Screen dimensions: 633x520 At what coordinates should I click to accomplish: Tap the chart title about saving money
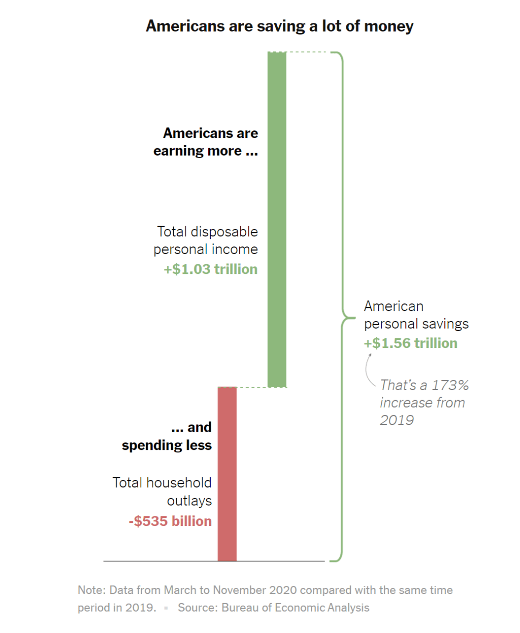point(279,26)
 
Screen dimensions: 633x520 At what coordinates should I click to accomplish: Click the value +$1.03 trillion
point(210,269)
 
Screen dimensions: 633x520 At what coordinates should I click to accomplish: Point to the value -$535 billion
point(170,521)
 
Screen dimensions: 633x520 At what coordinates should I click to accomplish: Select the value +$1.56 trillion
point(410,343)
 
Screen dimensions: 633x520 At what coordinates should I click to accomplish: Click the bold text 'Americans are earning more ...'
point(206,142)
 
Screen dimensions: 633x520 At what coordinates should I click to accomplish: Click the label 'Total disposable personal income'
point(206,240)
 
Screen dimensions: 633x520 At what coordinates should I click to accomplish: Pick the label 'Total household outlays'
point(162,491)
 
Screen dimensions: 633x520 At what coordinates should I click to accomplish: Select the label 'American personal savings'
point(416,315)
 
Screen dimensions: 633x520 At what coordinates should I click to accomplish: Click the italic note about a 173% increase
point(424,403)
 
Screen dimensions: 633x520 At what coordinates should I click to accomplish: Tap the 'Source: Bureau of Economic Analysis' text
point(273,608)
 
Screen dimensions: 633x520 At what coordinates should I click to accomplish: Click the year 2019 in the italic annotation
point(397,420)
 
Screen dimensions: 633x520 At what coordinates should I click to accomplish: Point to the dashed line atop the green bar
point(307,52)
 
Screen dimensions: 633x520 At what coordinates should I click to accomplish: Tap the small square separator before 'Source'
point(166,608)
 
